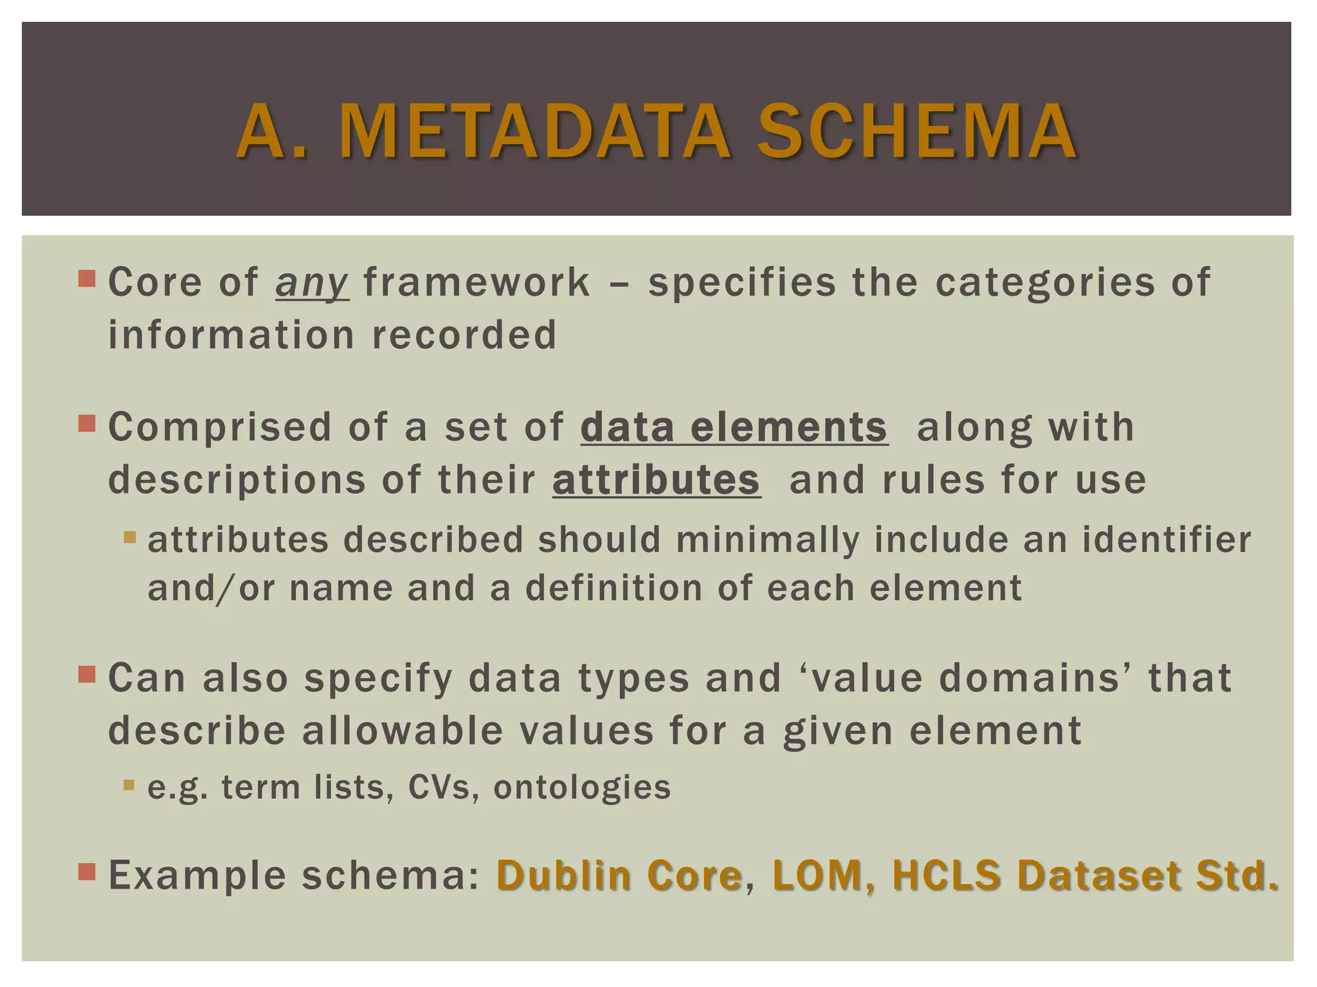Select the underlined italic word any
(x=312, y=283)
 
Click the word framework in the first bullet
(x=477, y=283)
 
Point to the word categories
(x=1045, y=283)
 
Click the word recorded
(x=464, y=335)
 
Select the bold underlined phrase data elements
(x=734, y=427)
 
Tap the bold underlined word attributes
(x=656, y=480)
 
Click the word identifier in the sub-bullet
(x=1166, y=540)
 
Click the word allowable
(x=403, y=731)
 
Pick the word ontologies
(x=582, y=787)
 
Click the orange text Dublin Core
(x=619, y=875)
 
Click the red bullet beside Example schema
(x=87, y=872)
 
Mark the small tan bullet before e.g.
(x=129, y=785)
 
